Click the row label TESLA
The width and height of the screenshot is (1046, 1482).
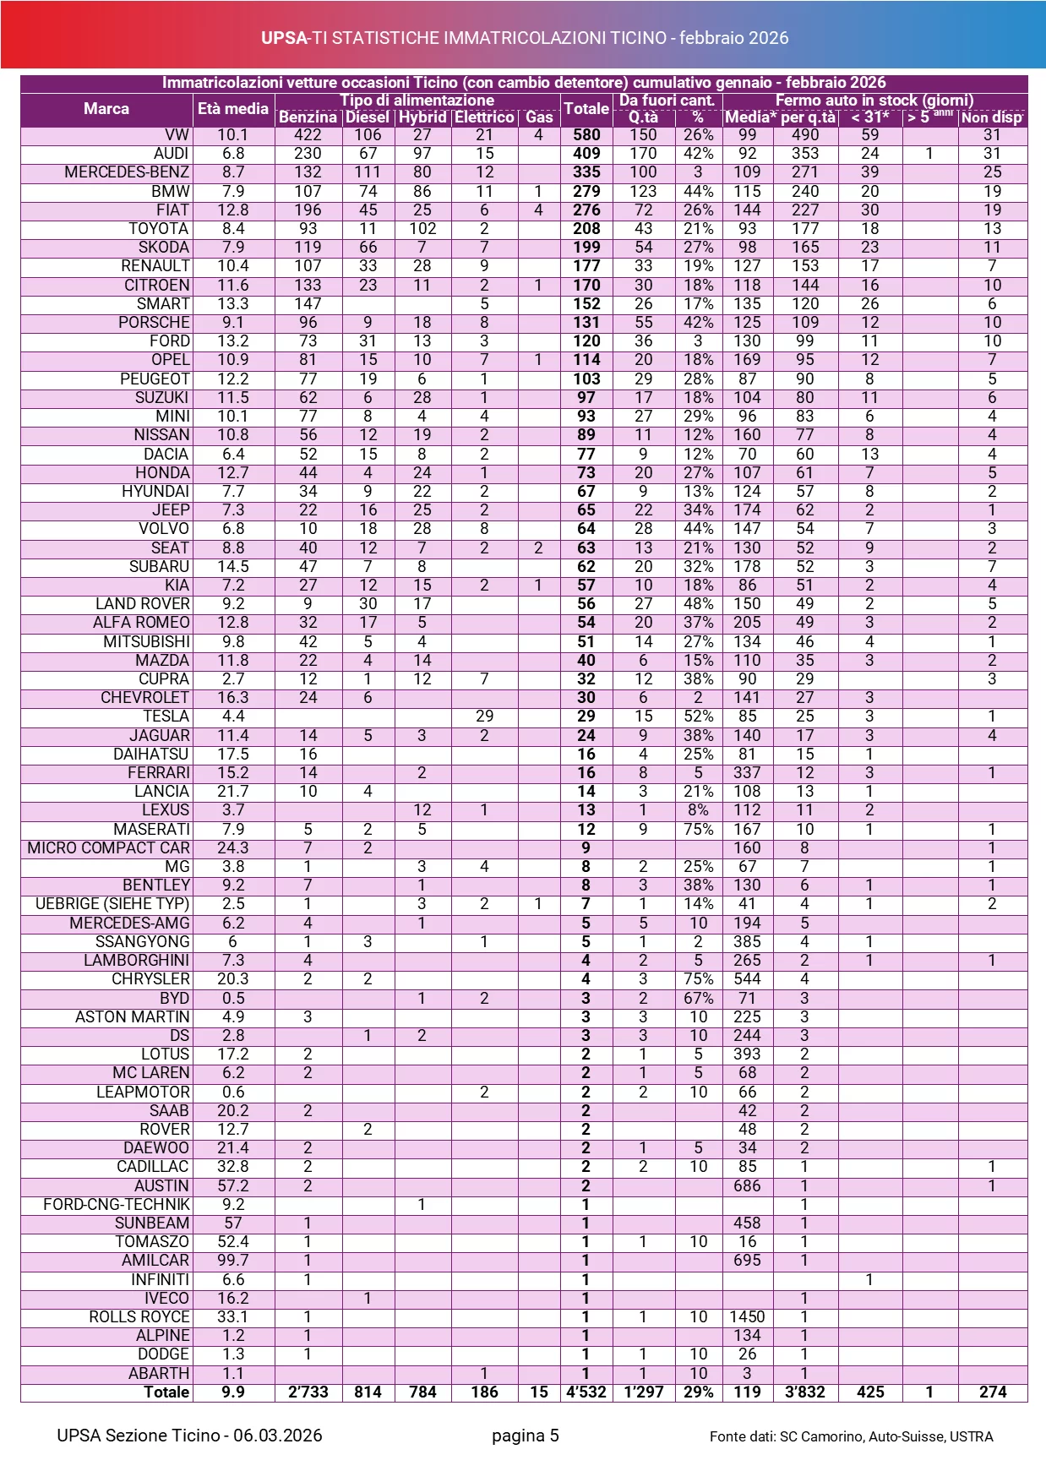(166, 716)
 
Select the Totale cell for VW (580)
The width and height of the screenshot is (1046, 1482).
(586, 135)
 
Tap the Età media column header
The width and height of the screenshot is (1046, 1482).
(233, 109)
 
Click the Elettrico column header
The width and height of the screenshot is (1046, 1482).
(484, 117)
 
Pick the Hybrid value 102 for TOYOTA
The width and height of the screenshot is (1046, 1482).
(422, 229)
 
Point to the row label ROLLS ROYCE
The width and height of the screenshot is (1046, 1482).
(139, 1317)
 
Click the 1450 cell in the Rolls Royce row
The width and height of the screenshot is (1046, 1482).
(747, 1317)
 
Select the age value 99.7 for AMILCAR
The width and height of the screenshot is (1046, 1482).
(233, 1261)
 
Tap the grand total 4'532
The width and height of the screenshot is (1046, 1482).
(586, 1392)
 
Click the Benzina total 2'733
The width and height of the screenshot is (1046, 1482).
(308, 1392)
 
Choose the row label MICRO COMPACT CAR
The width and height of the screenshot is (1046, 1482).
(109, 847)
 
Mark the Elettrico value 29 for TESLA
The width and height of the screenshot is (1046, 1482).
(484, 716)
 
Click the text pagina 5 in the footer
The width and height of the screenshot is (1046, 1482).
(526, 1436)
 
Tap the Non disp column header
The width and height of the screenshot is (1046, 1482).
(992, 117)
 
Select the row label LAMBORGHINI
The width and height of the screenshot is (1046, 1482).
(137, 961)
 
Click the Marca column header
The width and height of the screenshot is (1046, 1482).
(106, 109)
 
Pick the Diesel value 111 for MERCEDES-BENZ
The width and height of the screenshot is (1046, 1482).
(368, 172)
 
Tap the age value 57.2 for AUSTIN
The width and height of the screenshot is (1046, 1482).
(233, 1186)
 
